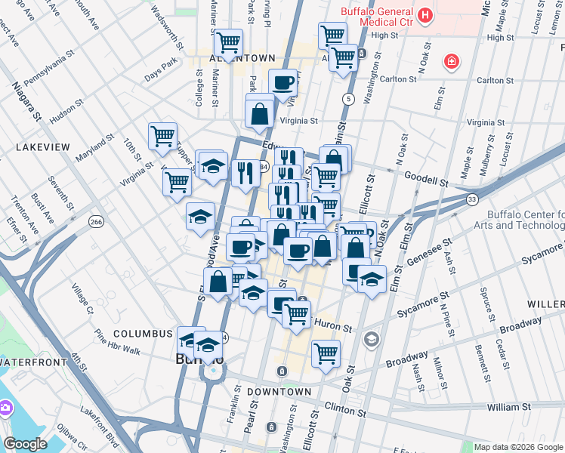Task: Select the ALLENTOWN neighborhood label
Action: [242, 58]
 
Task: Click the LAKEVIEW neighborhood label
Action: [42, 147]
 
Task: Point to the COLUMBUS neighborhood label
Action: [144, 333]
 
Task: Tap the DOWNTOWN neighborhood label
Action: [279, 392]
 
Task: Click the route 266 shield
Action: [96, 221]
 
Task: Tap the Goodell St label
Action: [421, 183]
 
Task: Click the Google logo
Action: [26, 444]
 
